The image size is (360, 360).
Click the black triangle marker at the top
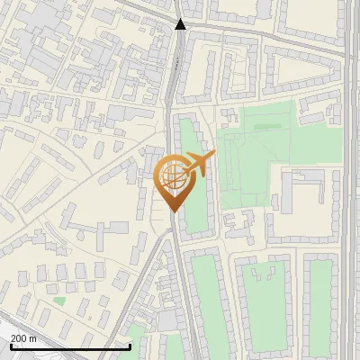[x=181, y=24]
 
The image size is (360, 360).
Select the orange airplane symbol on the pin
[x=202, y=164]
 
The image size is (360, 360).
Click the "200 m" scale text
[x=23, y=338]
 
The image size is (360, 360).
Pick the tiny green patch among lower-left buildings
[x=59, y=301]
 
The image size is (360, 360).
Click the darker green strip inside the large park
[x=265, y=127]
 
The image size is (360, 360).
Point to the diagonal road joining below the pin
[x=148, y=261]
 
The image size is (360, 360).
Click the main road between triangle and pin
[x=172, y=90]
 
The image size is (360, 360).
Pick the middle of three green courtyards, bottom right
[x=265, y=301]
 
